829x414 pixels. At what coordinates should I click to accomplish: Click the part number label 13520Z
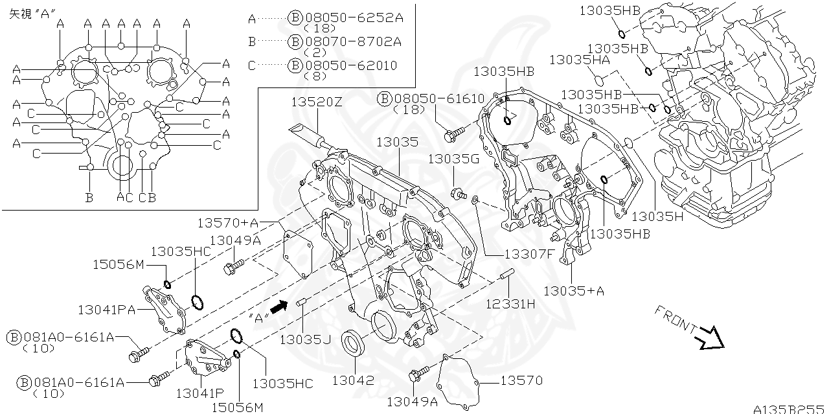coord(316,102)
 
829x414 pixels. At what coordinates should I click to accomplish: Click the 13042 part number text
coord(353,380)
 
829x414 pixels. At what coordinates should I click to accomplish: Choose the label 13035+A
coord(574,291)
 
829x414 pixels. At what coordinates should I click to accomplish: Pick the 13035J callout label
coord(305,338)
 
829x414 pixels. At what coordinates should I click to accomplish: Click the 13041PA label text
coord(107,310)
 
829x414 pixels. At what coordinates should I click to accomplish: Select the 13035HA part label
coord(580,60)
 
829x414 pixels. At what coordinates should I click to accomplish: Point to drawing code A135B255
coord(789,408)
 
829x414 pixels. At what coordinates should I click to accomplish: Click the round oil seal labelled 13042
coord(354,343)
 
